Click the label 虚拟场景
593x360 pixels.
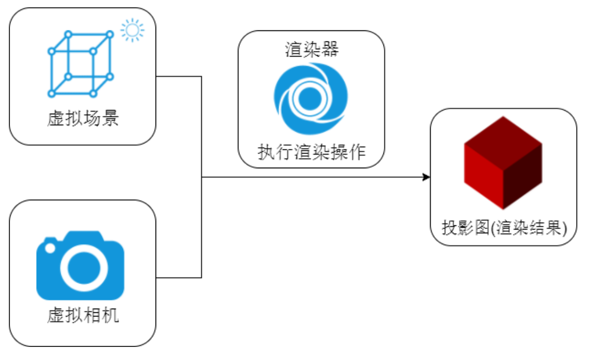point(83,118)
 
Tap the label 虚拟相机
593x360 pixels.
point(83,315)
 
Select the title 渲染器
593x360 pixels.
point(312,50)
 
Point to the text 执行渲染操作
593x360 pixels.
point(312,152)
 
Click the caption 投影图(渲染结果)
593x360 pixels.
point(504,227)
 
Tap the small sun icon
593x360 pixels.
point(133,30)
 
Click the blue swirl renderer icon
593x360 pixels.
point(311,99)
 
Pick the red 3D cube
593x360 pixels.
point(503,162)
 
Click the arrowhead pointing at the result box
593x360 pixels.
point(426,177)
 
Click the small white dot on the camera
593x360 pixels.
point(50,248)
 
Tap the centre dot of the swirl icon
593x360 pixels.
point(310,99)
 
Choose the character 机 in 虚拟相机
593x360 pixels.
point(111,315)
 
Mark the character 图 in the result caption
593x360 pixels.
point(482,227)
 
